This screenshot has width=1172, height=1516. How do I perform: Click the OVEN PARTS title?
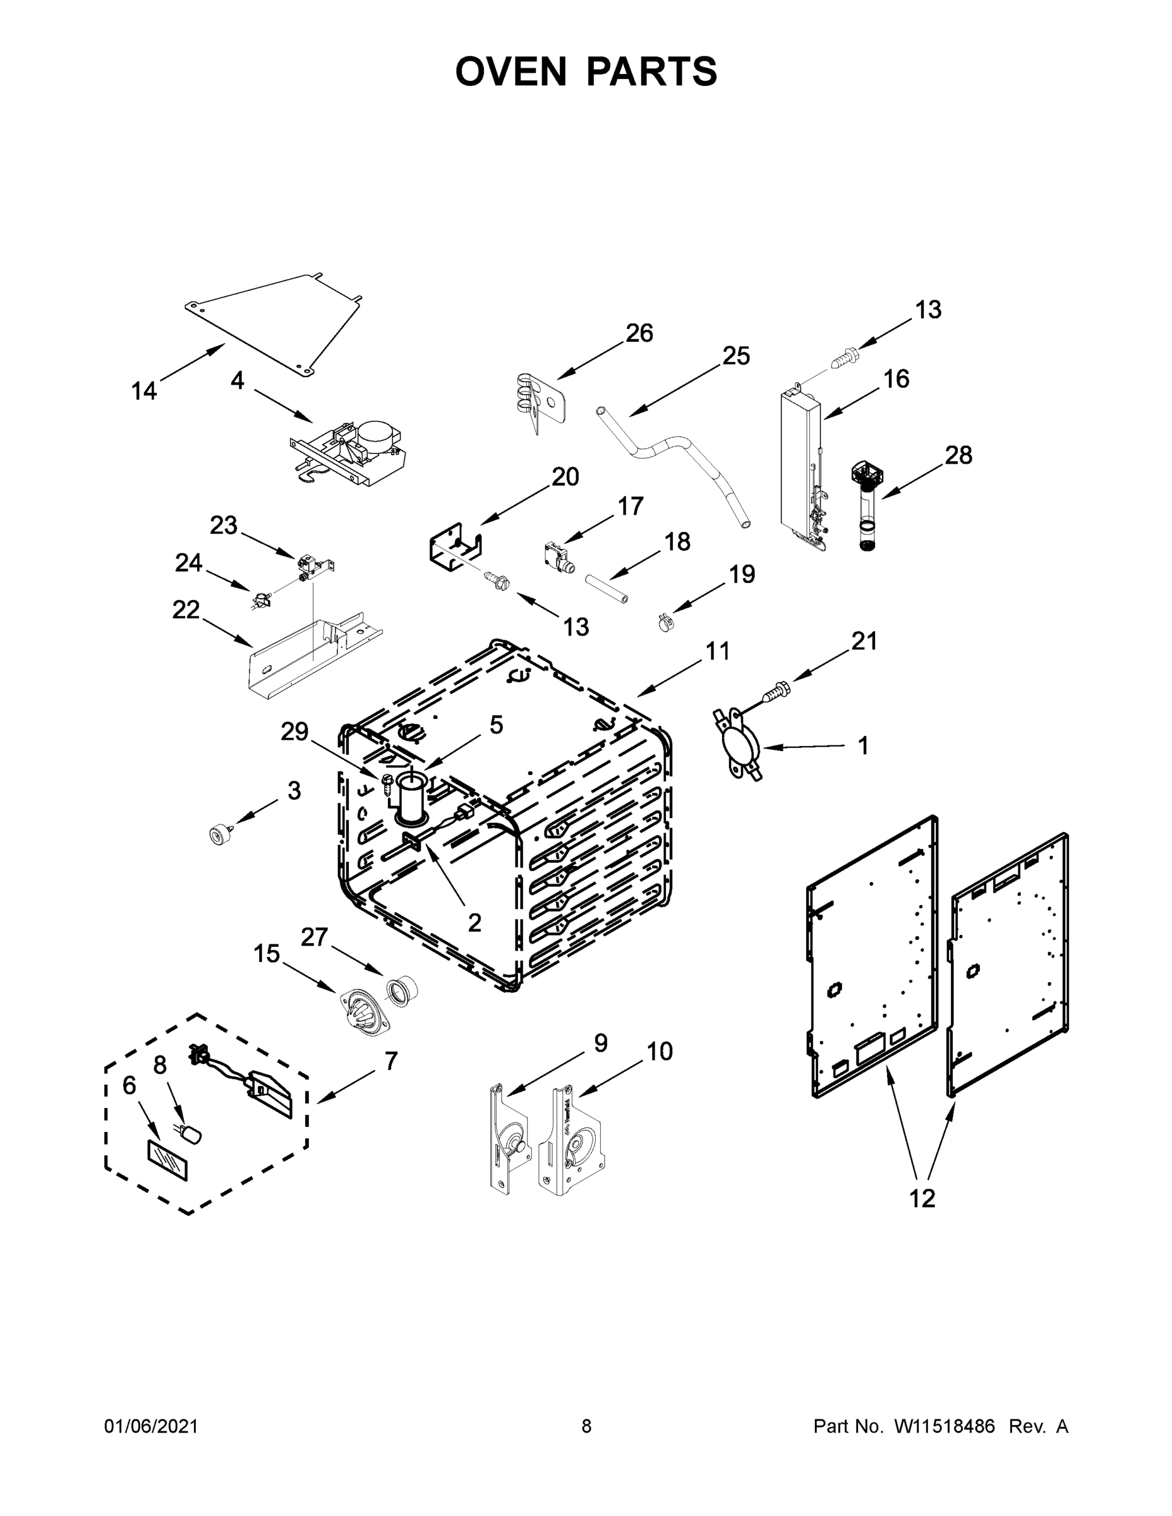(586, 71)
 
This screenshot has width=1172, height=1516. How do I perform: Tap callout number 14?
(145, 392)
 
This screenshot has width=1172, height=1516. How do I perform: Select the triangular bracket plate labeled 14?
(278, 319)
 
